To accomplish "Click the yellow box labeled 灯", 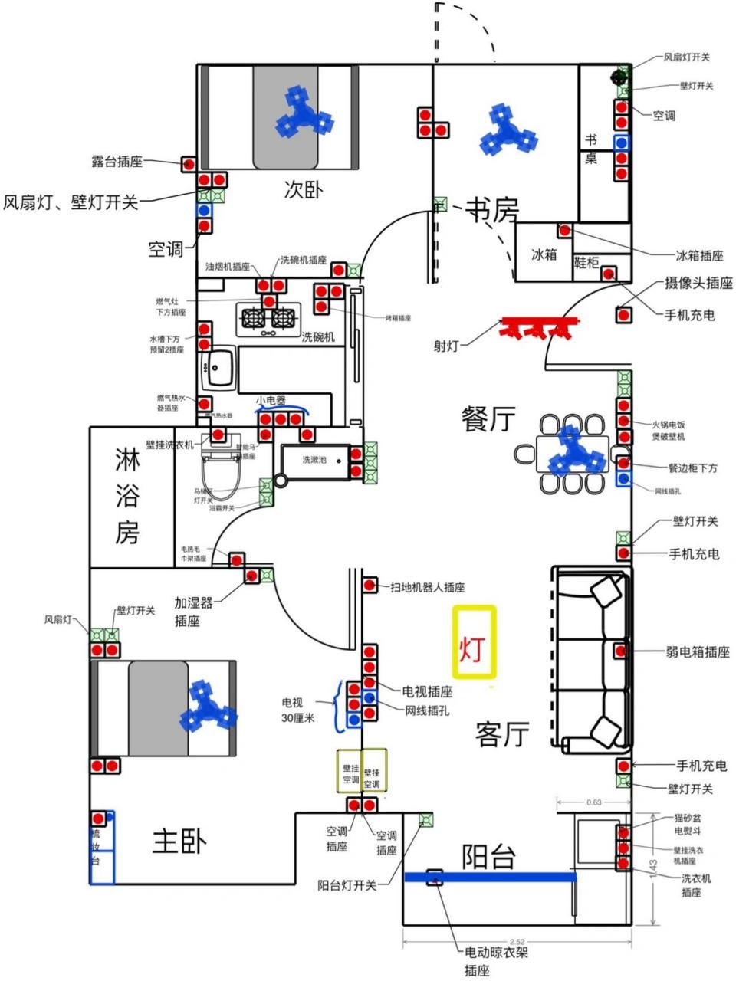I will pos(474,641).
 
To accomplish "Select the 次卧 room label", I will pos(303,189).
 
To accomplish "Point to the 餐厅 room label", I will pos(488,418).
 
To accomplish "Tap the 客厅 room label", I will pos(502,733).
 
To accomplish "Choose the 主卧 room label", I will pos(179,842).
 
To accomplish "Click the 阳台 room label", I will pos(488,856).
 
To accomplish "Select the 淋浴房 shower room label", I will pos(127,497).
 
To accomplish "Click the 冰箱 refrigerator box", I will pos(544,254).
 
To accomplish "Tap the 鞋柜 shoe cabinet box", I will pos(586,262).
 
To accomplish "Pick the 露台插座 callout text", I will pos(117,162).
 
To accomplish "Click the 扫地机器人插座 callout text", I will pos(427,587).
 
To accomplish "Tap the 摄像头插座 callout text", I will pos(698,284).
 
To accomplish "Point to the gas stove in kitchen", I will pos(269,317).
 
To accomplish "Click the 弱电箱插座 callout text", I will pos(698,652).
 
